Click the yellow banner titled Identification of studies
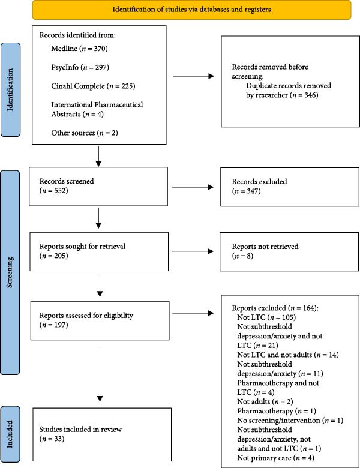point(191,10)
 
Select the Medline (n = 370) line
point(79,49)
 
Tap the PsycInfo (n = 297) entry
point(80,67)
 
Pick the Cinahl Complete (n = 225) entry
point(93,86)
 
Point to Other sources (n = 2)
point(85,133)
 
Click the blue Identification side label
point(10,89)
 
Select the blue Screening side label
point(10,272)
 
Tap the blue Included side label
point(10,434)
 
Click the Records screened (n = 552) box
point(98,186)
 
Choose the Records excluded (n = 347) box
point(290,187)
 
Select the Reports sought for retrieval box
point(99,251)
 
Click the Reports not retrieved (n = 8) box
point(289,251)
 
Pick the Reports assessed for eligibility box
point(100,320)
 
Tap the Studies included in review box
point(102,434)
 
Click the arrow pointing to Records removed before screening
point(193,76)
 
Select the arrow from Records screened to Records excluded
point(193,187)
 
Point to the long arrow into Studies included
point(100,374)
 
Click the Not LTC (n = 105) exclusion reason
point(266,317)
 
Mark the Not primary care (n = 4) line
point(276,458)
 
